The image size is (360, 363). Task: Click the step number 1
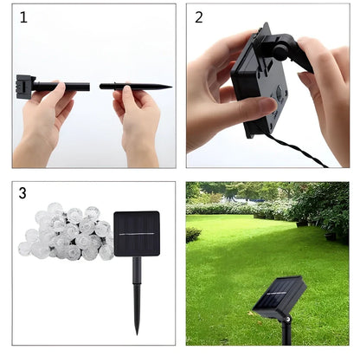pos(23,16)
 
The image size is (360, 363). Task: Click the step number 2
pos(199,16)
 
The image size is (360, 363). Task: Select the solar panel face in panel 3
pos(137,234)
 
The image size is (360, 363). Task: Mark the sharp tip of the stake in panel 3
pos(137,330)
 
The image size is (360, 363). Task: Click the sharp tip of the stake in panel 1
pos(170,86)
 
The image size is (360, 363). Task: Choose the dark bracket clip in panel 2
pos(299,54)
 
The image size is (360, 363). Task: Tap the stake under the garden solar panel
pos(286,334)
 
